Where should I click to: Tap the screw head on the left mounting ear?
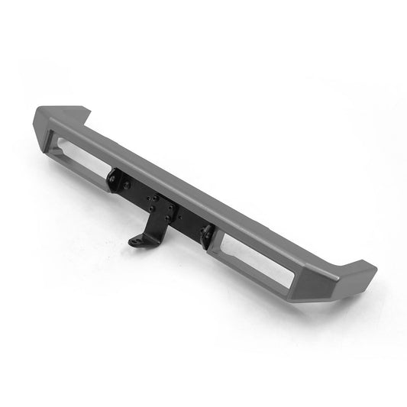click(112, 179)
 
